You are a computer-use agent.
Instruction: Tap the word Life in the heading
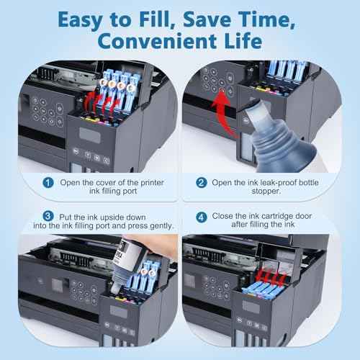click(244, 40)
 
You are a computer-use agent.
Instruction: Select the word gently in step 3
click(156, 225)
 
